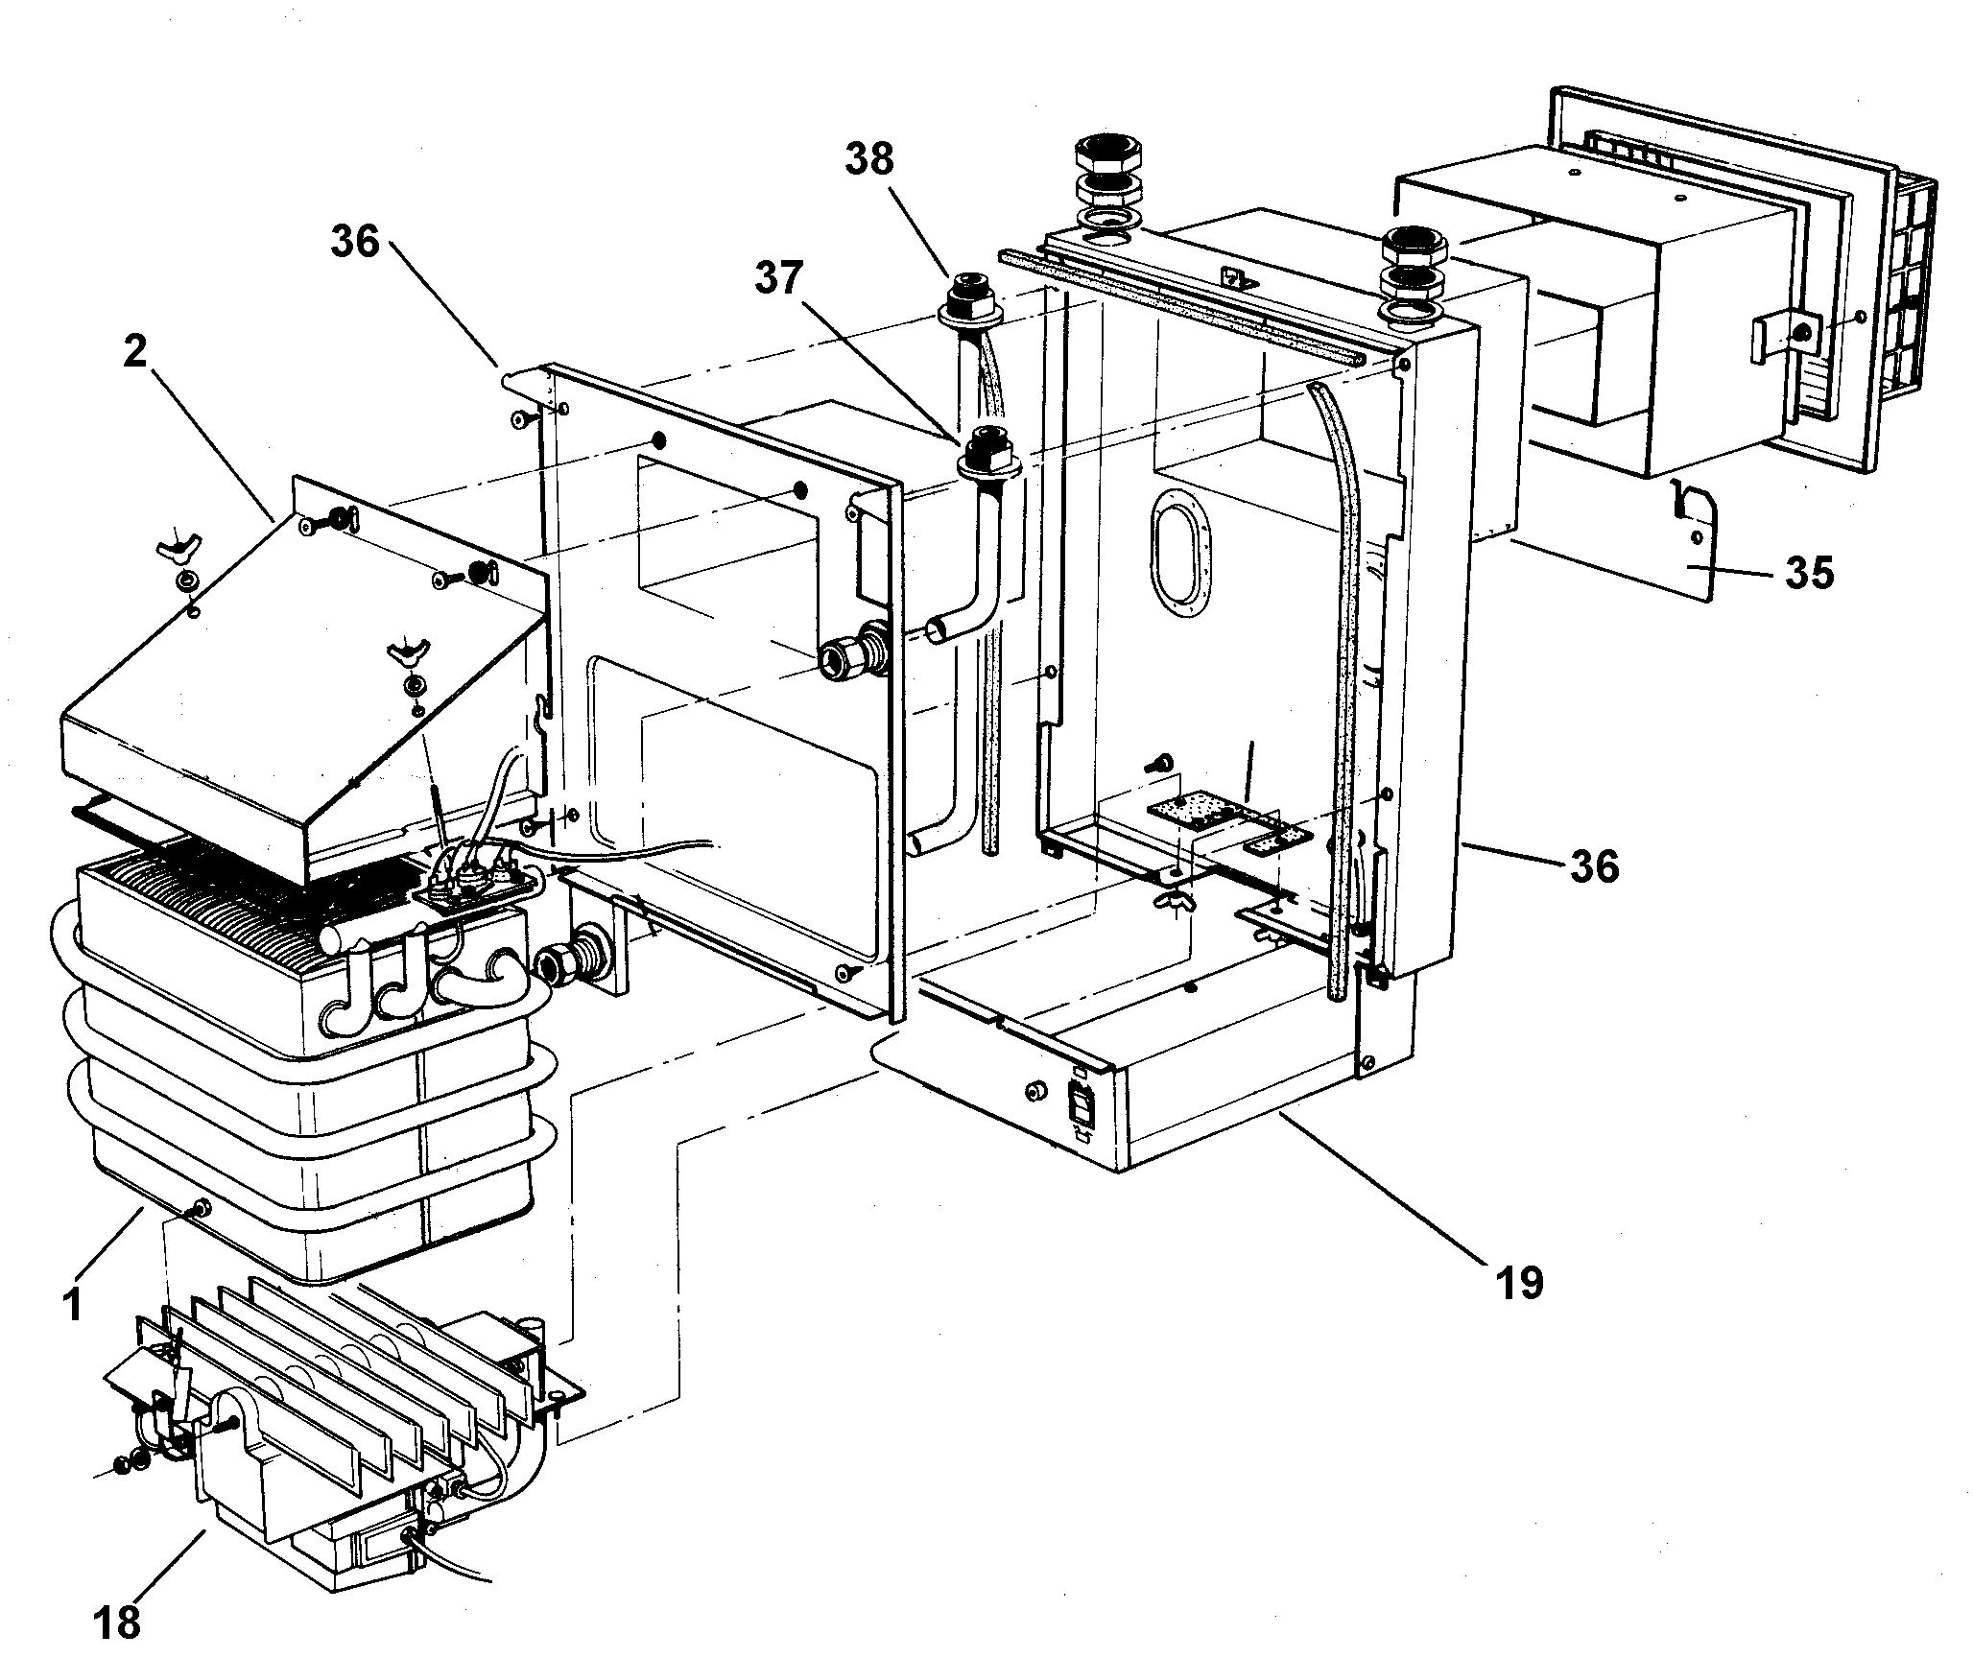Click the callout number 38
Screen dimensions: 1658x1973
point(868,158)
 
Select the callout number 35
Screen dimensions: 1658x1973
point(1810,573)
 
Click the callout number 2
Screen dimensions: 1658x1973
point(134,352)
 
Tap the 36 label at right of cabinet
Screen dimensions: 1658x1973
point(1594,865)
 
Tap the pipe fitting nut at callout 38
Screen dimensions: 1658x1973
point(965,294)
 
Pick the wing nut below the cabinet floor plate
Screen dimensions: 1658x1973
point(1176,900)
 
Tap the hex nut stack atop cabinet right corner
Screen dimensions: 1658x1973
point(1410,249)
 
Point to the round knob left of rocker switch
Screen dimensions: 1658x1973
point(1035,1092)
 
